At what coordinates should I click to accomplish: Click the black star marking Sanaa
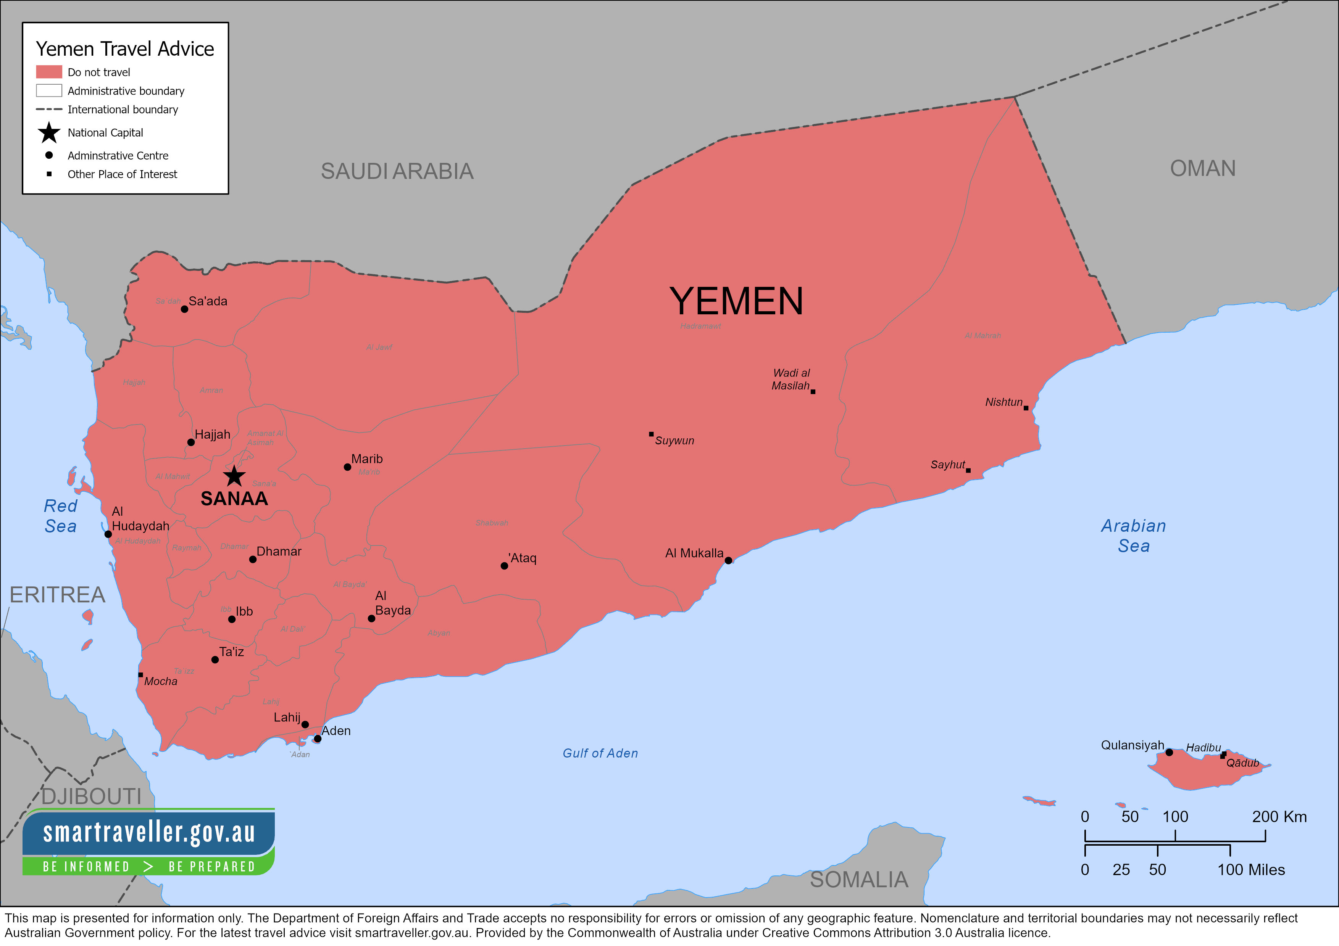pyautogui.click(x=234, y=476)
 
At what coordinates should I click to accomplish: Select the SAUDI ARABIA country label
pyautogui.click(x=397, y=171)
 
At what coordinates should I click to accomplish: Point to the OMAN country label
pyautogui.click(x=1202, y=169)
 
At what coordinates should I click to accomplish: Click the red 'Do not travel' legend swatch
pyautogui.click(x=49, y=72)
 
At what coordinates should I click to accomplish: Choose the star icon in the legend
pyautogui.click(x=49, y=133)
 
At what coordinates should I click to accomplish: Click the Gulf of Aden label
pyautogui.click(x=600, y=753)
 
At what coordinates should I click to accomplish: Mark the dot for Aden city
pyautogui.click(x=317, y=738)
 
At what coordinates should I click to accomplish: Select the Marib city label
pyautogui.click(x=367, y=459)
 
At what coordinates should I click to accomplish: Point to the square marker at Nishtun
pyautogui.click(x=1026, y=408)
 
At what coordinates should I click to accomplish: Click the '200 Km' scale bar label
pyautogui.click(x=1279, y=817)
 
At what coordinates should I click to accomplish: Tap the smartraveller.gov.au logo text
pyautogui.click(x=149, y=832)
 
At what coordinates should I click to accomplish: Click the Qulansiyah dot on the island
pyautogui.click(x=1169, y=753)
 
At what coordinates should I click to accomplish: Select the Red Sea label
pyautogui.click(x=61, y=516)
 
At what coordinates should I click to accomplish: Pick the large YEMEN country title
pyautogui.click(x=736, y=301)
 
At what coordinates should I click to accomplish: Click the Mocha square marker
pyautogui.click(x=140, y=675)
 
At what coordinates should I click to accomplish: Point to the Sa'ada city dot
pyautogui.click(x=184, y=309)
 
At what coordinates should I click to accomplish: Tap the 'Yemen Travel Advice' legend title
pyautogui.click(x=125, y=49)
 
